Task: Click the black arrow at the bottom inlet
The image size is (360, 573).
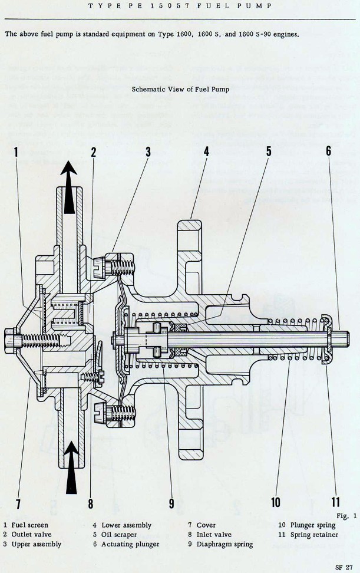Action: tap(71, 468)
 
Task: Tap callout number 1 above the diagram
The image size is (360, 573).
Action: tap(16, 152)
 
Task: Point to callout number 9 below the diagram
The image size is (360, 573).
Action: tap(172, 502)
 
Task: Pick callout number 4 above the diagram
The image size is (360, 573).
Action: tap(206, 151)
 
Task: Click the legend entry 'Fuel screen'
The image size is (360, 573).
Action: tap(29, 525)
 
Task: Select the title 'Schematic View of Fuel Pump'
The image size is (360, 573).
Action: tap(180, 90)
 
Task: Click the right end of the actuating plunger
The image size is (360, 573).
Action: tap(341, 340)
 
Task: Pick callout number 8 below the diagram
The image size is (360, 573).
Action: tap(91, 503)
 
